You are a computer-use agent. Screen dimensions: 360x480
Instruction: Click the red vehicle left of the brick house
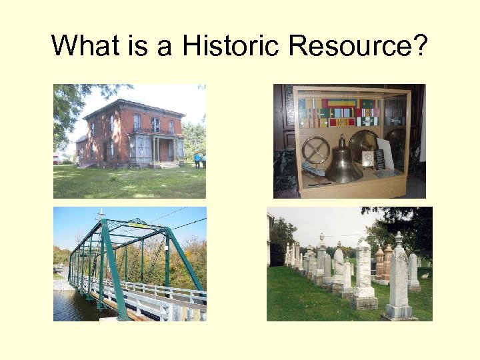(57, 159)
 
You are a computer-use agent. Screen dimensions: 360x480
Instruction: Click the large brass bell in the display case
(343, 163)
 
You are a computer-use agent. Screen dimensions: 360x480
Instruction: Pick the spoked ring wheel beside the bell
(315, 151)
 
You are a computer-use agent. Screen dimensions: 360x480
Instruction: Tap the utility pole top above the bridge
(101, 214)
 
